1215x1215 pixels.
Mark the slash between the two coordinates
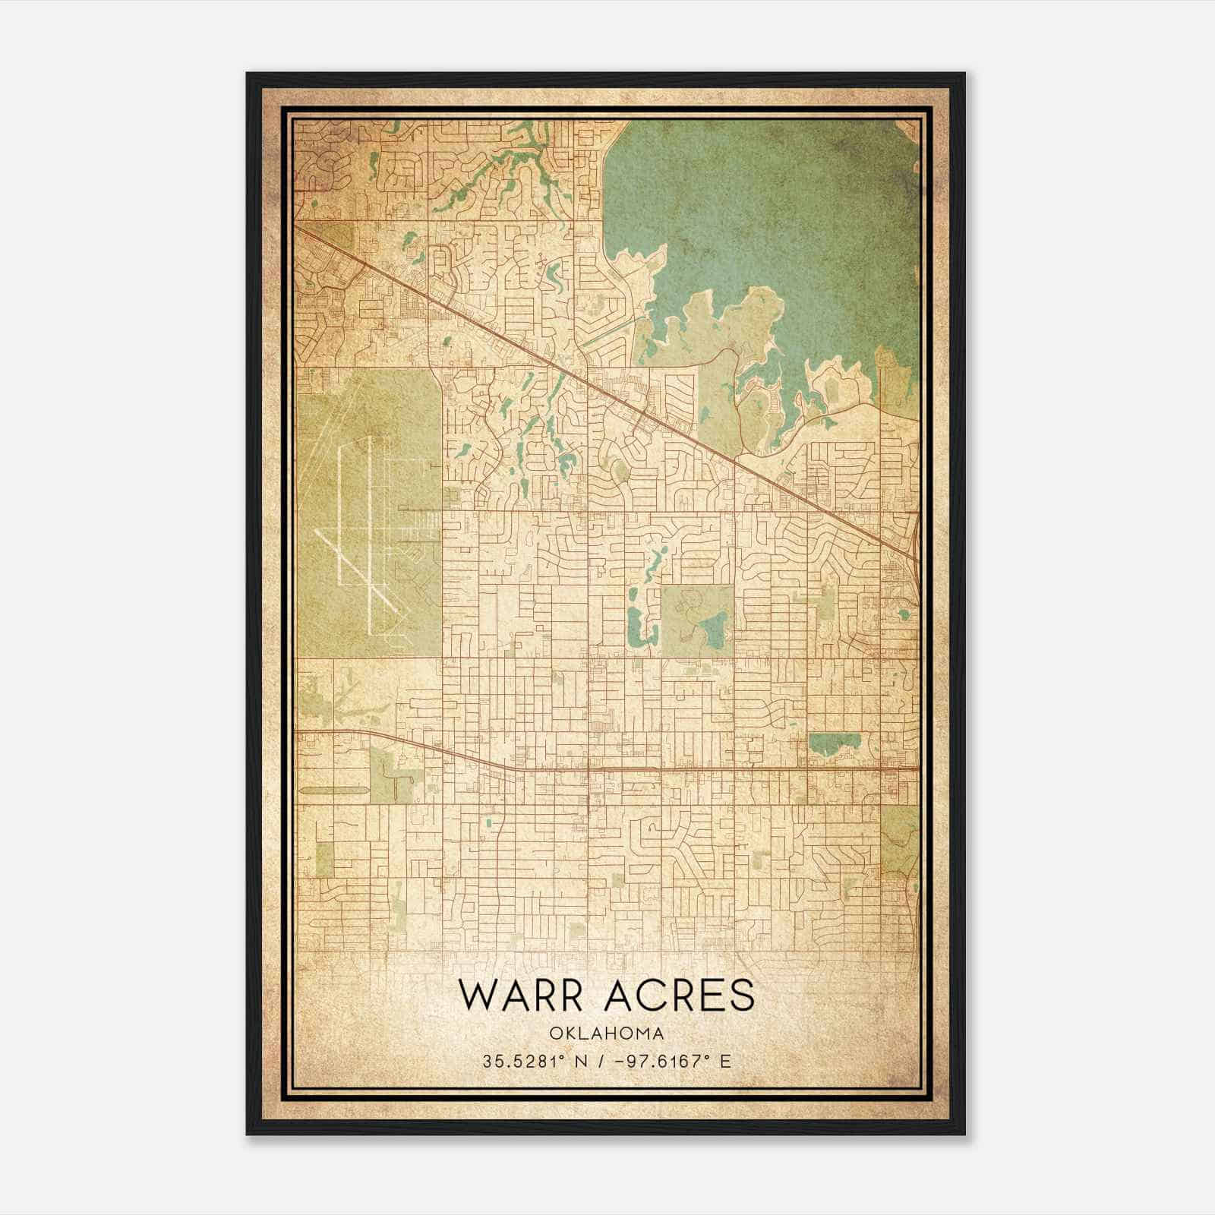599,1061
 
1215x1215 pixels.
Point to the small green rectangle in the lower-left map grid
324,859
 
